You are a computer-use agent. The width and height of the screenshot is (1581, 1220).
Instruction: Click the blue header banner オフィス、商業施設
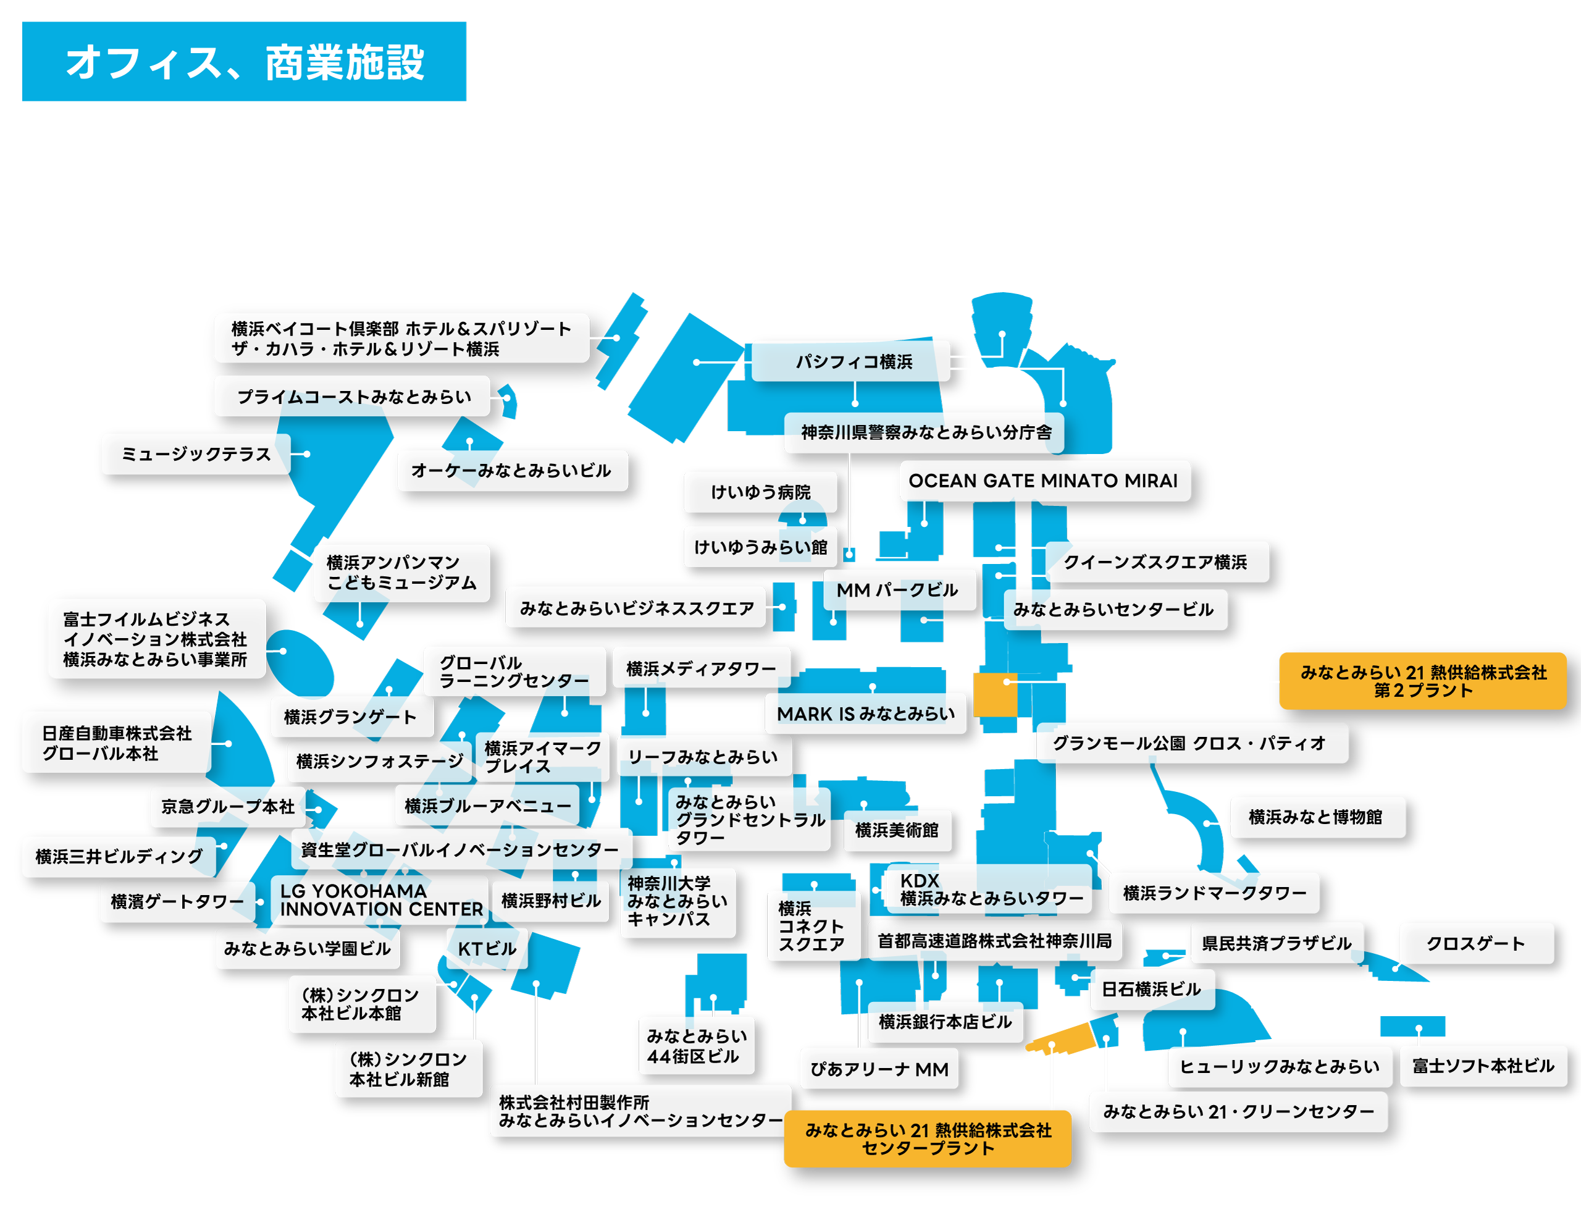244,62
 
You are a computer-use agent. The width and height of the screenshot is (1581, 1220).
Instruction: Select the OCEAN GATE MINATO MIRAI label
1044,481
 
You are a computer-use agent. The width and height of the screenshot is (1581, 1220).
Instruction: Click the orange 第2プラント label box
1422,681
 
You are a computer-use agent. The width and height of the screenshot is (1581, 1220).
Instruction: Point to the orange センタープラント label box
928,1139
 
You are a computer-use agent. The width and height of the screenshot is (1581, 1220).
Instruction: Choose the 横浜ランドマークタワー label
1214,893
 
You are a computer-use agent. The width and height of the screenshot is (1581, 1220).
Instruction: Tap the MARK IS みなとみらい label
866,714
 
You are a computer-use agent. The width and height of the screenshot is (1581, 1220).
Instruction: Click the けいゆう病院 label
761,492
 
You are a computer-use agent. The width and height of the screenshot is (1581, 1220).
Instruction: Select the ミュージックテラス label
196,454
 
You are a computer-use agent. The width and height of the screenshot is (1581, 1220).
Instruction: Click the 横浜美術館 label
897,830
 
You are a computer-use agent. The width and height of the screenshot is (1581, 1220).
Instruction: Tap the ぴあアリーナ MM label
879,1069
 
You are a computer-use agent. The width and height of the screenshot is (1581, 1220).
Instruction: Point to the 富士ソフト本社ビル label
1483,1066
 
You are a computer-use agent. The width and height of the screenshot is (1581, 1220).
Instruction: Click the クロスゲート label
1476,943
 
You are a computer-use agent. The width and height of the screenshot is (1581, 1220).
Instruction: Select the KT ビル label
487,948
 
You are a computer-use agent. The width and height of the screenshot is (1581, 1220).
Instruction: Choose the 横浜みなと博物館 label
1317,817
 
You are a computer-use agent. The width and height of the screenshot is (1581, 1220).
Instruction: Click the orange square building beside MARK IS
995,695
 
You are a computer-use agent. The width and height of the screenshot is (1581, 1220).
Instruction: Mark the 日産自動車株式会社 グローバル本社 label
117,743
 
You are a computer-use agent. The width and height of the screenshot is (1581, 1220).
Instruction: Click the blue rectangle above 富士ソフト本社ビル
1412,1027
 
